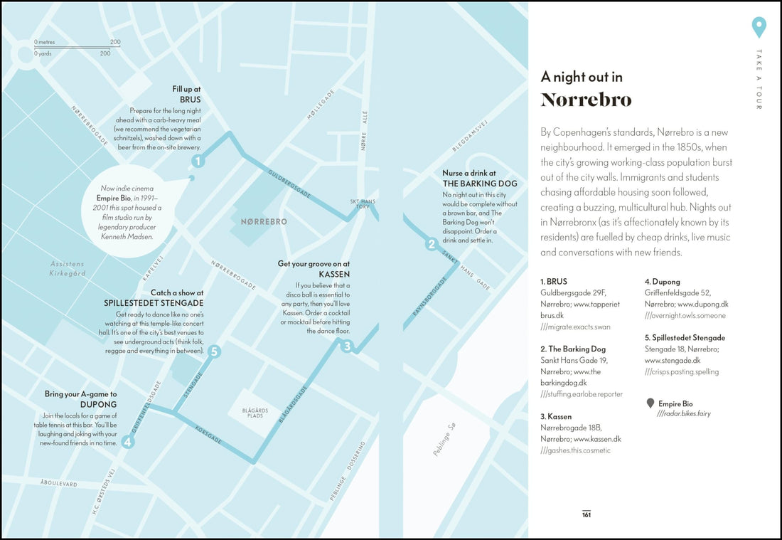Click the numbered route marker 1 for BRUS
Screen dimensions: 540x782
tap(198, 162)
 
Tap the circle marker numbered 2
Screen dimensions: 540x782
tap(431, 245)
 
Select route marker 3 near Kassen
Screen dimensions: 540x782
tap(347, 346)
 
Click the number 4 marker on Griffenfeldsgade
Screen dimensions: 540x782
tap(128, 442)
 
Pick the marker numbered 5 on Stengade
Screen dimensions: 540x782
tap(214, 351)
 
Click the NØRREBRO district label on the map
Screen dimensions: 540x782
tap(264, 222)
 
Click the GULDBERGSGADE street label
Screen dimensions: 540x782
tap(289, 183)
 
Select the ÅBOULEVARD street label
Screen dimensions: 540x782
tap(58, 483)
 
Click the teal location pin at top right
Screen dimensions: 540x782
tap(759, 27)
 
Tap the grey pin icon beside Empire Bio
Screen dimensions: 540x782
tap(650, 403)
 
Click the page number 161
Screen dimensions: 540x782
tap(586, 515)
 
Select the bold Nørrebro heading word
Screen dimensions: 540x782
tap(586, 100)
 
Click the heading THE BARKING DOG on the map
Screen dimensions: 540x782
tap(479, 184)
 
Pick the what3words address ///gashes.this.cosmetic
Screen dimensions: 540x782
tap(575, 450)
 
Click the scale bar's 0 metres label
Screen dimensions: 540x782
tap(44, 42)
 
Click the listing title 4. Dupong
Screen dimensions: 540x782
tap(662, 282)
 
